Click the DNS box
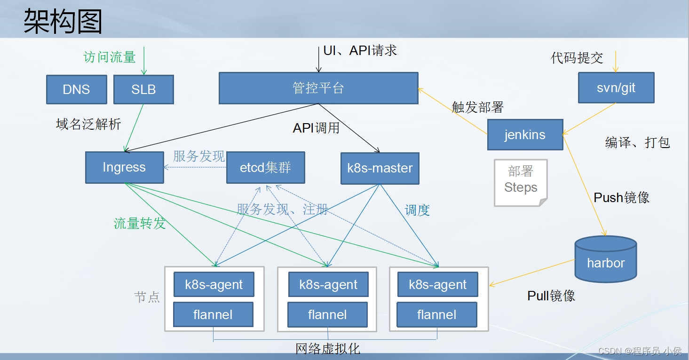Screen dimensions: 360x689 pyautogui.click(x=76, y=89)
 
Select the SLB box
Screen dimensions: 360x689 pyautogui.click(x=143, y=89)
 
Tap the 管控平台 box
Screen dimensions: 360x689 pyautogui.click(x=318, y=88)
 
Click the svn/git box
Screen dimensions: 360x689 pyautogui.click(x=616, y=88)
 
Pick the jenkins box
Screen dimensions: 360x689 pyautogui.click(x=525, y=135)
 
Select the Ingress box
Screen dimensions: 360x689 pyautogui.click(x=124, y=167)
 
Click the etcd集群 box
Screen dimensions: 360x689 pyautogui.click(x=265, y=167)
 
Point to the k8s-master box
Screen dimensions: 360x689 pyautogui.click(x=380, y=168)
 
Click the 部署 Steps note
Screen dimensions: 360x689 pyautogui.click(x=521, y=180)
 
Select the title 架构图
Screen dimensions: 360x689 pyautogui.click(x=63, y=22)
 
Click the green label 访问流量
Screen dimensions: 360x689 pyautogui.click(x=110, y=57)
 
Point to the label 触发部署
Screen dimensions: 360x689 pyautogui.click(x=477, y=107)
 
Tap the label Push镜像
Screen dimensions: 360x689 pyautogui.click(x=621, y=197)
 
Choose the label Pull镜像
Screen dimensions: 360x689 pyautogui.click(x=551, y=296)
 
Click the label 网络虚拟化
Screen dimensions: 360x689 pyautogui.click(x=327, y=349)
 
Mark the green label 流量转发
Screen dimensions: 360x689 pyautogui.click(x=140, y=223)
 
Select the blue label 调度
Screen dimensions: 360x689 pyautogui.click(x=417, y=210)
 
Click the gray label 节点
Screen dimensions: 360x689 pyautogui.click(x=147, y=297)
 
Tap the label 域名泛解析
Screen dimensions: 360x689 pyautogui.click(x=88, y=124)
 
